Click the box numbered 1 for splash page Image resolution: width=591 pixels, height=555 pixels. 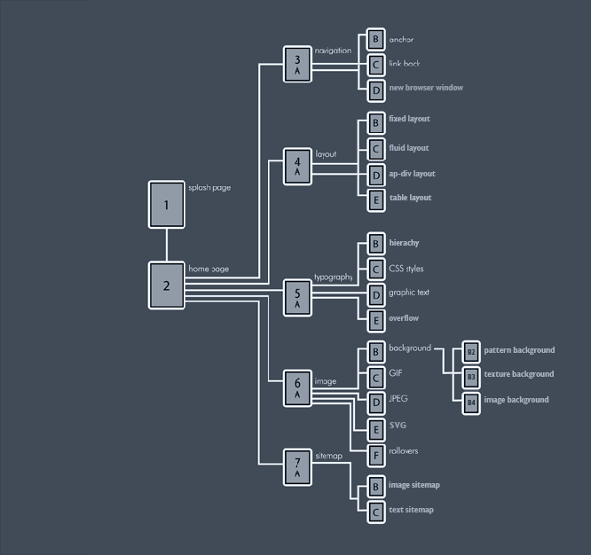coord(166,205)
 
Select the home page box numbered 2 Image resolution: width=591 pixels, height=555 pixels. coord(166,285)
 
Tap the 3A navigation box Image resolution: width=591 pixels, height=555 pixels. coord(297,64)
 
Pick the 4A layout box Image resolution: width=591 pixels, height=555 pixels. coord(297,166)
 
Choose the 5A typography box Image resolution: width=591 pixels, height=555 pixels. coord(297,297)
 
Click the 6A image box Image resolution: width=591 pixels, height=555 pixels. coord(297,387)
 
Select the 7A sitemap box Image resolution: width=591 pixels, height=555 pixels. coord(297,466)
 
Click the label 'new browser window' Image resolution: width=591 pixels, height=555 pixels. coord(425,88)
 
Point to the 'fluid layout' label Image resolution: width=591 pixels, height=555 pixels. coord(408,148)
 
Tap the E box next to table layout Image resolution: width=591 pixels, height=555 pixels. coord(376,199)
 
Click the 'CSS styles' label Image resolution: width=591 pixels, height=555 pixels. coord(406,268)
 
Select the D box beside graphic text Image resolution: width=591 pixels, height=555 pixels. coord(376,294)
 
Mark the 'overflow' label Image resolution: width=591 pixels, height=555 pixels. coord(403,318)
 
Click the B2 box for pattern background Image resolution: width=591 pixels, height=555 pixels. coord(471,351)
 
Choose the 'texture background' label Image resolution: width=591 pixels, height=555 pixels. coord(518,374)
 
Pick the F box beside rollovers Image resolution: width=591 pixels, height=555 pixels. coord(376,453)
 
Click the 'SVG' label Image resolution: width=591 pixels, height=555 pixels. coord(398,426)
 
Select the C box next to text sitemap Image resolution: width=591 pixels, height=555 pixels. coord(376,512)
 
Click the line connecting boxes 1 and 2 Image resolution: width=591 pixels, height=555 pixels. coord(166,246)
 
